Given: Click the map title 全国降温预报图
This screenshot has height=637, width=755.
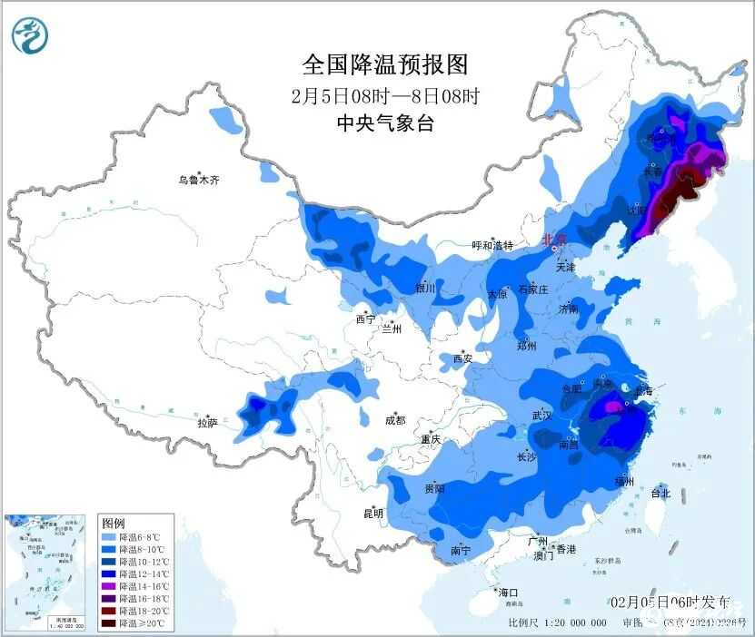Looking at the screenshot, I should [x=385, y=65].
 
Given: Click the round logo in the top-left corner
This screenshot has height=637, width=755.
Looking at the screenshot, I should [x=31, y=34].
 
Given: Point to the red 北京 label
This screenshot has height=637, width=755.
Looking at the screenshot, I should [x=553, y=240].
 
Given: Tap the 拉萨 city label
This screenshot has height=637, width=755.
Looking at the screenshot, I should [x=207, y=422].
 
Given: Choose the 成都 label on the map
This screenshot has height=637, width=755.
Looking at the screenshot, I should [x=394, y=420].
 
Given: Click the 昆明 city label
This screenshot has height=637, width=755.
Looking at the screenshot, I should [x=373, y=514].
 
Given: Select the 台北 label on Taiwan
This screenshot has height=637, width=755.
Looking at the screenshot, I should [x=660, y=494].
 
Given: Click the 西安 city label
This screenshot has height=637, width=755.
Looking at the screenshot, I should [x=462, y=358].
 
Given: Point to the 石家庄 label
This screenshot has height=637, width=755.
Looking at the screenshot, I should [x=532, y=290].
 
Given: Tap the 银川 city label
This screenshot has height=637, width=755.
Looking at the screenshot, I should [x=425, y=289].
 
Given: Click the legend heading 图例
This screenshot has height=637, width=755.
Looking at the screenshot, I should [x=114, y=524].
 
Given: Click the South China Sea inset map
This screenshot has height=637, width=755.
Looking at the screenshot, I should [x=45, y=572].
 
